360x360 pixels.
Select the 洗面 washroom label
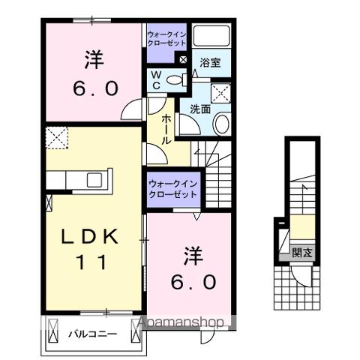(x=199, y=108)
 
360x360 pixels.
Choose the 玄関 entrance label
(x=302, y=252)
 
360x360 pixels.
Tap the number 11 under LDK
(x=85, y=262)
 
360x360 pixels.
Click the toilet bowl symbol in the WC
(x=175, y=79)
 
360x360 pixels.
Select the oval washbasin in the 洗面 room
(x=223, y=123)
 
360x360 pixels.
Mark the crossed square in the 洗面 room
(x=221, y=92)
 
